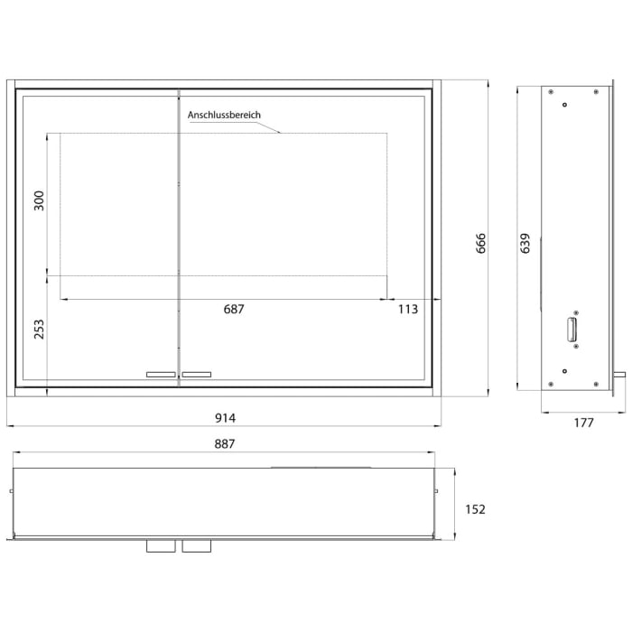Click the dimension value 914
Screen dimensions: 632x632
click(225, 417)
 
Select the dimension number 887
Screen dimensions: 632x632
click(225, 443)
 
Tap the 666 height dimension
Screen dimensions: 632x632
click(480, 244)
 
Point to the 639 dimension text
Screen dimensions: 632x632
click(525, 244)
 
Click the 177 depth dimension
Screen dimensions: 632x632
click(583, 423)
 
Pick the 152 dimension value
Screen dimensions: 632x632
click(475, 509)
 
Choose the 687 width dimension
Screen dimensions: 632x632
click(234, 309)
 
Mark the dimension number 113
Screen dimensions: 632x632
click(408, 309)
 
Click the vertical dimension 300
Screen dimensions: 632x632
click(38, 200)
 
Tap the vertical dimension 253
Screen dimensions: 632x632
click(38, 328)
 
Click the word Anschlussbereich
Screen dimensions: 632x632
click(225, 116)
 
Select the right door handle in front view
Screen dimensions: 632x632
click(197, 374)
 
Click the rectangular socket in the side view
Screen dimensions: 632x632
click(571, 330)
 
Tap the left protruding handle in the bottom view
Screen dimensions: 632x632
click(159, 546)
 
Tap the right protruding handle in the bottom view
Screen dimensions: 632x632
click(194, 546)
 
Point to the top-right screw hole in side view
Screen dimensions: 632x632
click(597, 91)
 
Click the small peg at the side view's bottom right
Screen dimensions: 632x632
click(619, 373)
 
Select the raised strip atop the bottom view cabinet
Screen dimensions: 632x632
click(321, 467)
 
